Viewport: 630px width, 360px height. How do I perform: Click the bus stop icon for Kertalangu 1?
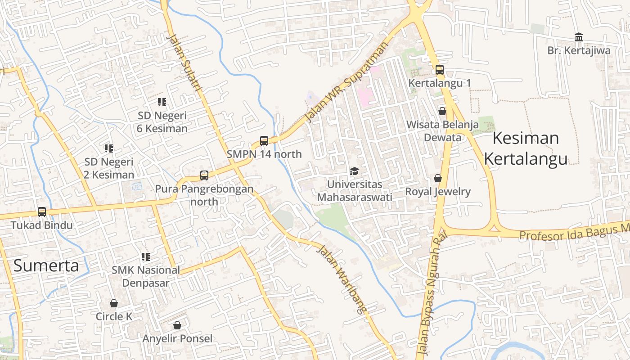coord(440,70)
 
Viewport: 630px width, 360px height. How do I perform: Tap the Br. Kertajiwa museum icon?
coord(579,37)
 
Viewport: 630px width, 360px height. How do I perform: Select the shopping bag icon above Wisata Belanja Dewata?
coord(442,111)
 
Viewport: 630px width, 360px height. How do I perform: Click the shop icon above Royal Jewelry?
coord(438,179)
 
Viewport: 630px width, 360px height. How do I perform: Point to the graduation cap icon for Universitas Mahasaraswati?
coord(355,171)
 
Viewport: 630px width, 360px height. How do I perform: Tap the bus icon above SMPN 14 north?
coord(264,141)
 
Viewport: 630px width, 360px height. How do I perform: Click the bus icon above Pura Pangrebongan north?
coord(204,175)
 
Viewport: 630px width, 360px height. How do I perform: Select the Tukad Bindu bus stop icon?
coord(42,211)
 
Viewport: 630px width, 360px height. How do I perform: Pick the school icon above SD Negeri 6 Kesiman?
coord(162,102)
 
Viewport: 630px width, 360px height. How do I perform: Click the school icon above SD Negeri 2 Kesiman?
coord(109,148)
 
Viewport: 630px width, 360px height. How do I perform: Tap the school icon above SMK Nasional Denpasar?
coord(146,257)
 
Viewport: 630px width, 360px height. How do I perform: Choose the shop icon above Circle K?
coord(114,303)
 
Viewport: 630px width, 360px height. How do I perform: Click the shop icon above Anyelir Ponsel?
coord(177,325)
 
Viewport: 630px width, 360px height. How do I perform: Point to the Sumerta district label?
coord(46,265)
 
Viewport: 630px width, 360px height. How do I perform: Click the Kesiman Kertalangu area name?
coord(526,148)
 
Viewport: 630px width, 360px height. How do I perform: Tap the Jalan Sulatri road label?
coord(184,63)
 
